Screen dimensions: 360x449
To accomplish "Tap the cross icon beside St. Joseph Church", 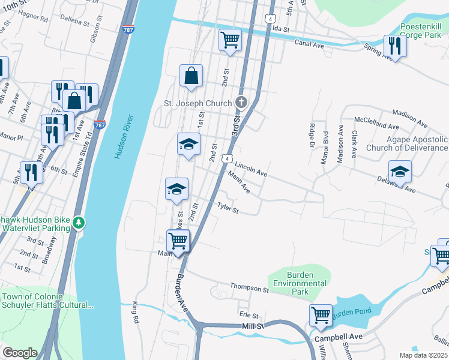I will coord(241,103).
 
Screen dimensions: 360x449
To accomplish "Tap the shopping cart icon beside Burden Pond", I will coord(321,315).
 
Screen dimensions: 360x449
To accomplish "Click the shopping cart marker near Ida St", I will coord(230,40).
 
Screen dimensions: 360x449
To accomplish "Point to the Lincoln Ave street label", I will coord(251,168).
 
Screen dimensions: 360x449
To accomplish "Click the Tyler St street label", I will coord(228,208).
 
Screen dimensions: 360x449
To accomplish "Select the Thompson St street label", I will coord(249,289).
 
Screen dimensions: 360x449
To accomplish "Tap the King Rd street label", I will coord(135,313).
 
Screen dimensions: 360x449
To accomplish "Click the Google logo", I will coord(20,353).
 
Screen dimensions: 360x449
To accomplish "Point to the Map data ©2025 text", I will coord(424,355).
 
